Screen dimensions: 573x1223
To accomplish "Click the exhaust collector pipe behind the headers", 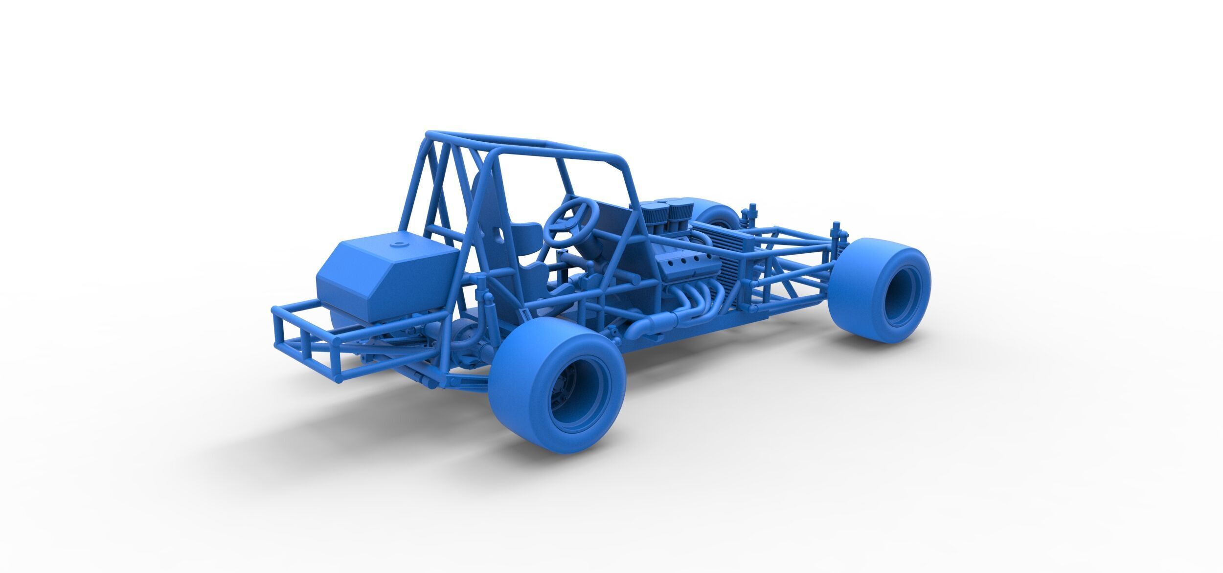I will [x=651, y=323].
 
